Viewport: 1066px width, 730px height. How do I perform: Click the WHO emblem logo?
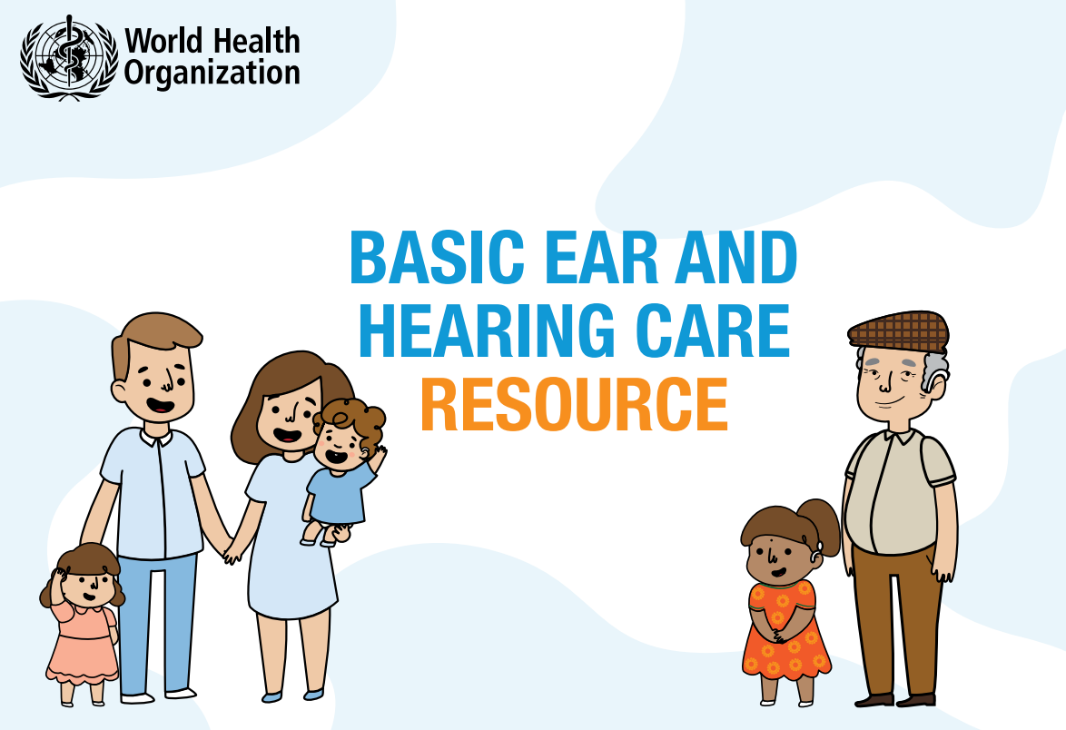(x=69, y=56)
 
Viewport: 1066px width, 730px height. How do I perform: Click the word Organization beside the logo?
(x=212, y=72)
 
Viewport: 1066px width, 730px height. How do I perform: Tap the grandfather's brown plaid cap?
(x=897, y=329)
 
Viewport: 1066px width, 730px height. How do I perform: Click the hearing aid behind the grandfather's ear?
(x=936, y=369)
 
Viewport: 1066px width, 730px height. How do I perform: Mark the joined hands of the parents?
(x=231, y=548)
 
